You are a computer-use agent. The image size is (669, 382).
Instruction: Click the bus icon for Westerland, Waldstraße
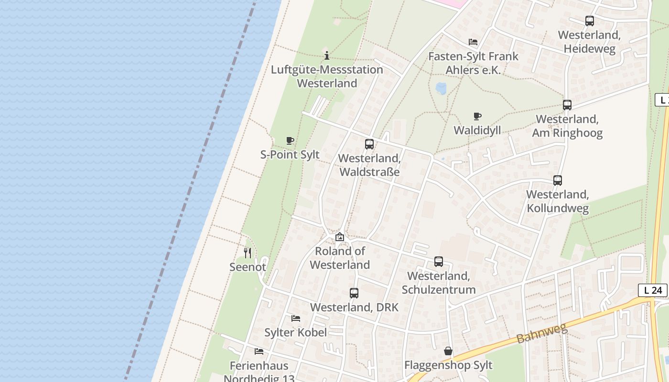[x=369, y=144]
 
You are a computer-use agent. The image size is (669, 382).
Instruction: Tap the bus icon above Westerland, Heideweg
[x=589, y=21]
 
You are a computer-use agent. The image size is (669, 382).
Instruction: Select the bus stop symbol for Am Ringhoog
[x=567, y=105]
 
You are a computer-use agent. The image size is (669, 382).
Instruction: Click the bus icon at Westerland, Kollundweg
[x=557, y=180]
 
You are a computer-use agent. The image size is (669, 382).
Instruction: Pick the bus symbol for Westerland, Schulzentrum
[x=438, y=262]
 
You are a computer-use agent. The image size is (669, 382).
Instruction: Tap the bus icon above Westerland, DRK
[x=354, y=293]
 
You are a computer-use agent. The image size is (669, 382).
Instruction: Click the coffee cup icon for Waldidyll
[x=477, y=116]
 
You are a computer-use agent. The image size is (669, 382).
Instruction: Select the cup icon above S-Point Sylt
[x=290, y=140]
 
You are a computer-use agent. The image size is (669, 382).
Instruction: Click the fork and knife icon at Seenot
[x=248, y=253]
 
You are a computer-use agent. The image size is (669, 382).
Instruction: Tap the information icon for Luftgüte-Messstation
[x=327, y=55]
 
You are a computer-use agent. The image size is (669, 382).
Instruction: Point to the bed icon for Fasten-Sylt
[x=473, y=42]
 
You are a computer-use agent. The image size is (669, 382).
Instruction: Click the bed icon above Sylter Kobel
[x=296, y=318]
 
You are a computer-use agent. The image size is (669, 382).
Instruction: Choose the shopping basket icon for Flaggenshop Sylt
[x=448, y=351]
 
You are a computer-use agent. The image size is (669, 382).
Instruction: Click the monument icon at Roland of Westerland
[x=339, y=237]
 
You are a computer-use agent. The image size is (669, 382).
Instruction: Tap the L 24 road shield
[x=652, y=290]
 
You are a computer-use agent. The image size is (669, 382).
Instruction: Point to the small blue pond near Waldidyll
[x=441, y=88]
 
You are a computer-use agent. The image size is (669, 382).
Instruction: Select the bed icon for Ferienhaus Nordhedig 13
[x=259, y=351]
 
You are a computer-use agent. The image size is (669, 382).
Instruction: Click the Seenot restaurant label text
[x=248, y=267]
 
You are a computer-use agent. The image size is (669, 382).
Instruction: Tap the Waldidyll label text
[x=477, y=130]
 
